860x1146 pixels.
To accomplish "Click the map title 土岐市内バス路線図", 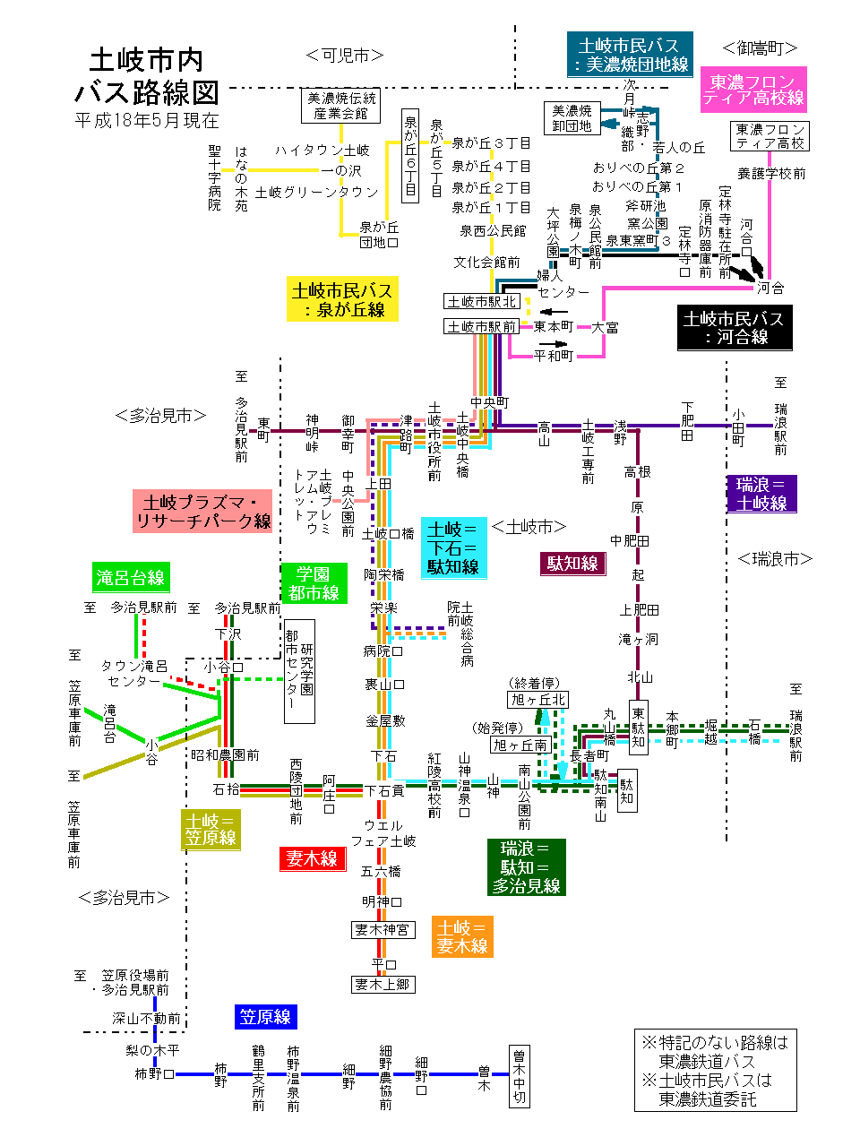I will coord(147,76).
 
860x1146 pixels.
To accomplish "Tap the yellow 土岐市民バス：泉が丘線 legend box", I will coord(342,300).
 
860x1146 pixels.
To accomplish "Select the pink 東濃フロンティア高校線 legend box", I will coord(752,90).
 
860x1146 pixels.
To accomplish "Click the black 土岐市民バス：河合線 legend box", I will coord(735,328).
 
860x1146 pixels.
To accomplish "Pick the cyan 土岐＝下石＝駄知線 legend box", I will coord(453,547).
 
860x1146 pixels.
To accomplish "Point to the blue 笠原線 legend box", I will coord(265,1016).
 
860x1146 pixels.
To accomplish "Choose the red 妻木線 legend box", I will coord(312,858).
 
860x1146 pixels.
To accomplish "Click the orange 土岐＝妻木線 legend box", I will coord(462,936).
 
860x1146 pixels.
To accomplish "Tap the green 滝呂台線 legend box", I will coord(131,577).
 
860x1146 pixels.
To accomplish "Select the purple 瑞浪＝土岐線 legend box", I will coord(761,494).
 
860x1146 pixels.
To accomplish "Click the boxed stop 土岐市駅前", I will coord(481,326).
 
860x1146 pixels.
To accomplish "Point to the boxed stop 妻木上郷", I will coord(383,984).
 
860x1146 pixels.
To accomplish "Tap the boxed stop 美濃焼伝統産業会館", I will coord(340,106).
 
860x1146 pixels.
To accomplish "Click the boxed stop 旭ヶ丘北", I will coord(537,699).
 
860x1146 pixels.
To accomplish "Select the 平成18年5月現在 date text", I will coord(147,120).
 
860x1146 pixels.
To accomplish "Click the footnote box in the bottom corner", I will coord(715,1070).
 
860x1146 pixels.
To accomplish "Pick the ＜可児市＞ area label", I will coord(345,56).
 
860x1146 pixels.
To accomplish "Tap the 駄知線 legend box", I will coord(572,563).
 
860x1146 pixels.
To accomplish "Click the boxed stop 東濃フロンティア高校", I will coord(770,136).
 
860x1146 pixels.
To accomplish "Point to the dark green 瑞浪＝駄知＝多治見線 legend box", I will coord(526,866).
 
